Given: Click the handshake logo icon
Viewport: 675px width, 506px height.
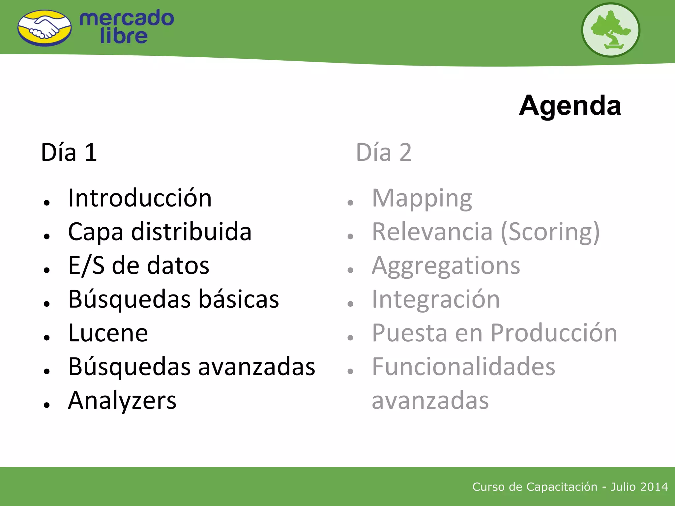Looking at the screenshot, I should click(44, 28).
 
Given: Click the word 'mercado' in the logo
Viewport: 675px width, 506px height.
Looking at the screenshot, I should click(127, 18).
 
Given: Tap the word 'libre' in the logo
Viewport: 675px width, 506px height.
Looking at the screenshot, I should click(123, 36).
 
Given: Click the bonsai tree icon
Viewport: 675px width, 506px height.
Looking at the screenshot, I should click(610, 30).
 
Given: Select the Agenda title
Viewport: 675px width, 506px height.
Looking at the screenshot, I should click(570, 105).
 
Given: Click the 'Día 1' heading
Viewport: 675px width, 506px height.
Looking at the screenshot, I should click(69, 153).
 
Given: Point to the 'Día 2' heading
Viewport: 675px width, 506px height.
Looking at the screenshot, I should click(384, 153).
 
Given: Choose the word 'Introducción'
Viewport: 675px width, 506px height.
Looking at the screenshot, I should click(140, 198).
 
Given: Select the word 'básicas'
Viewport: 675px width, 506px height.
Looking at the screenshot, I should click(239, 299).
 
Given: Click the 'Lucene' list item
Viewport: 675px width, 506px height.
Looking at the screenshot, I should click(108, 333).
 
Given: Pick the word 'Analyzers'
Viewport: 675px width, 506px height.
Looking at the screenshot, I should click(122, 401).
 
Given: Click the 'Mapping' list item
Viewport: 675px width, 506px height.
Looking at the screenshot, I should click(422, 199).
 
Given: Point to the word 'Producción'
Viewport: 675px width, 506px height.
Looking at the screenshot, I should click(554, 333).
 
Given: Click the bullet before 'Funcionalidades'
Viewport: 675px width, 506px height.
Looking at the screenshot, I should click(350, 371).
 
